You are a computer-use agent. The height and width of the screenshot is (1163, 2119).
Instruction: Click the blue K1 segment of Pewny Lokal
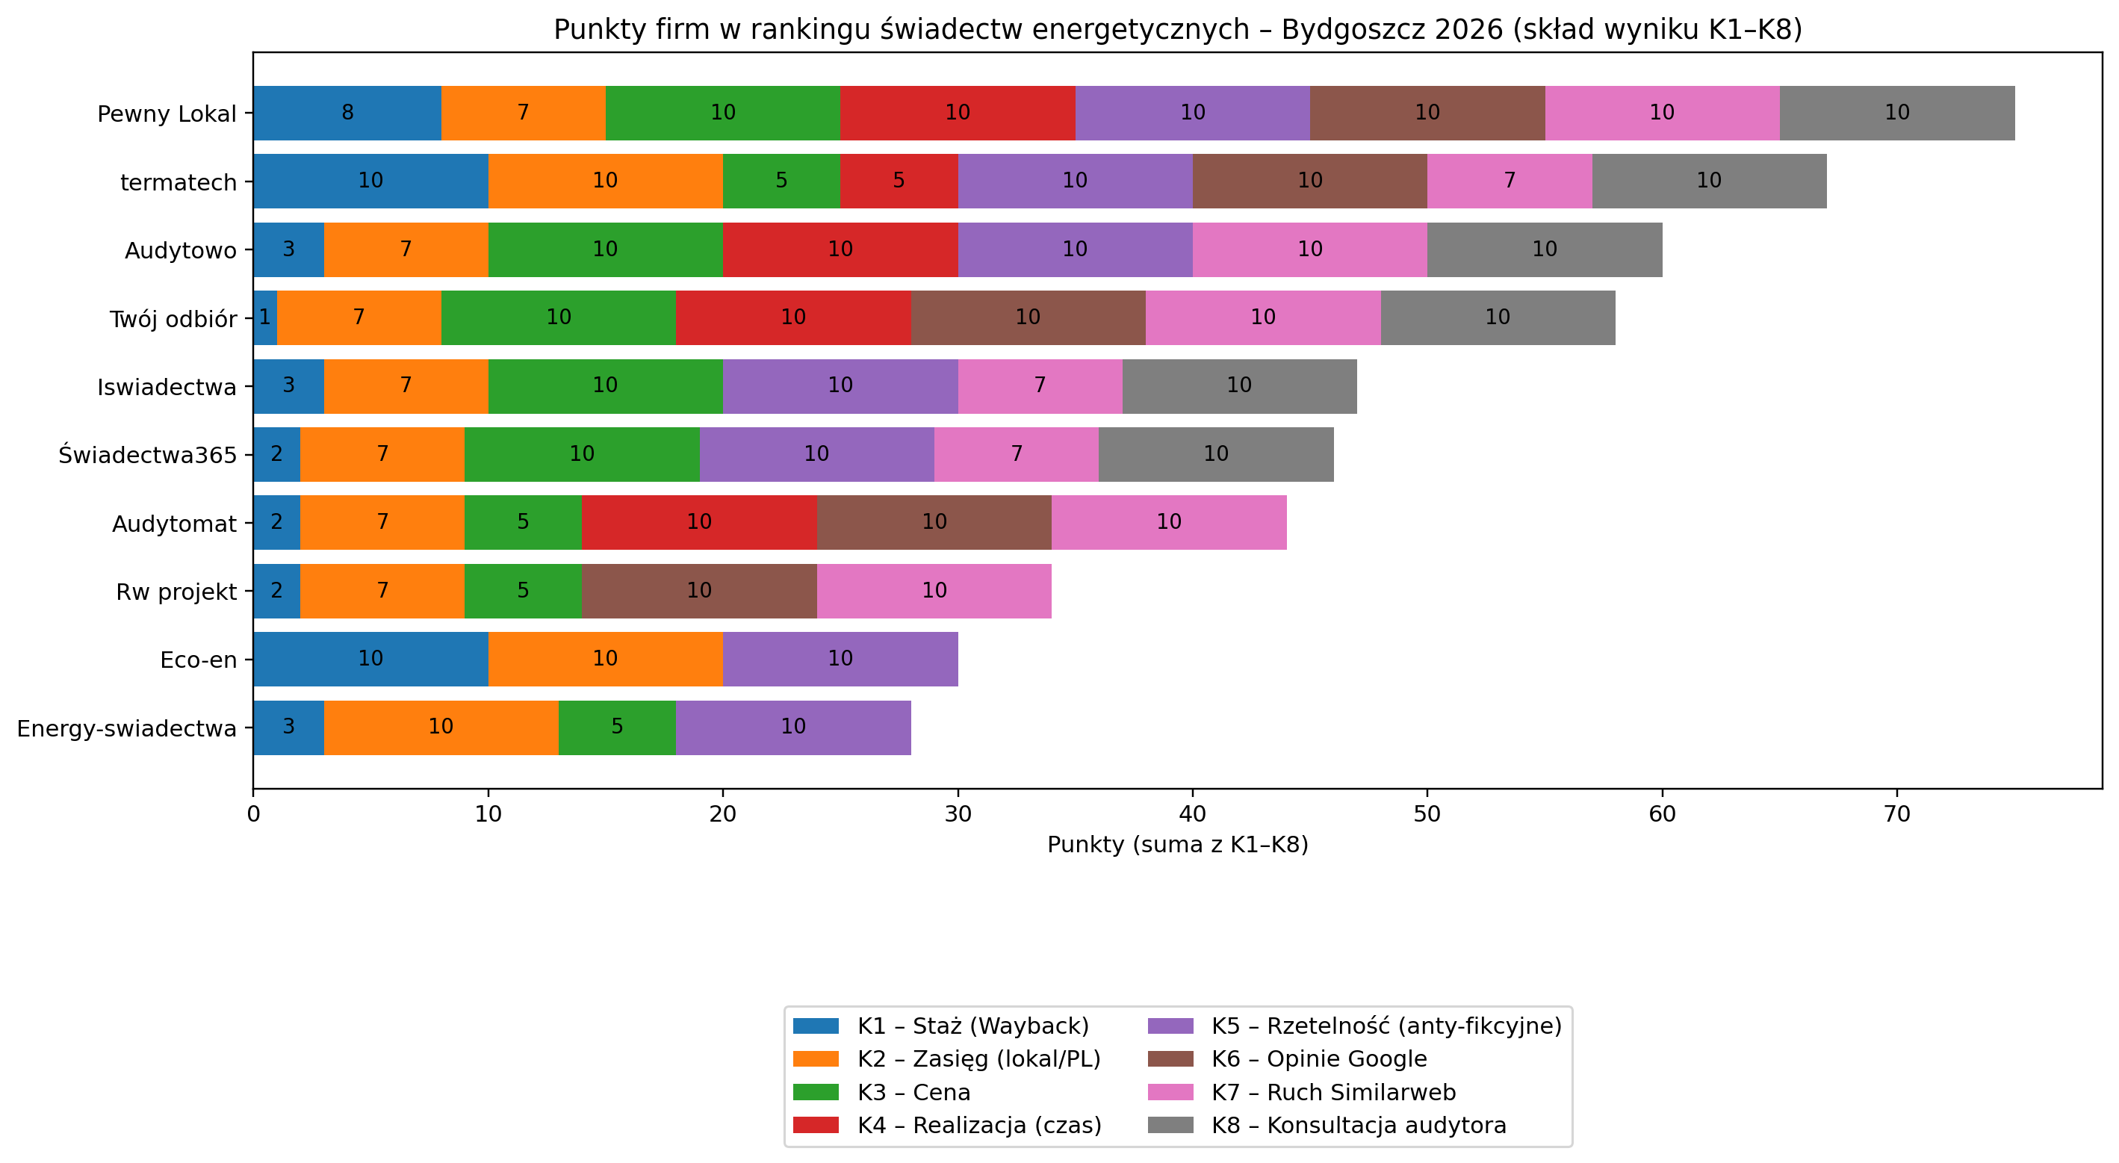tap(347, 113)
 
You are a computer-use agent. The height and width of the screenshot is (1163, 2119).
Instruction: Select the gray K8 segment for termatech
tap(1708, 181)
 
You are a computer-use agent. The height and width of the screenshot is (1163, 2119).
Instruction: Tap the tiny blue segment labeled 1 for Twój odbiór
tap(265, 317)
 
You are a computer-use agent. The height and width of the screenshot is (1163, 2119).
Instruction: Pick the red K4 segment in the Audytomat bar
tap(698, 522)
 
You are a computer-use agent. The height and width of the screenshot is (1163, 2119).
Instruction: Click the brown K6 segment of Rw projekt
tap(698, 591)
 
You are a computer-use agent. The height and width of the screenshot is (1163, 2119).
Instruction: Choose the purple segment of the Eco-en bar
tap(840, 659)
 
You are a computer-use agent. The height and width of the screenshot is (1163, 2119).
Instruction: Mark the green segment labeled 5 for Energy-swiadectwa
tap(616, 727)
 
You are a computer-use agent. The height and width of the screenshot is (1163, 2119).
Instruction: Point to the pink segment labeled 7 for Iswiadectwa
tap(1040, 385)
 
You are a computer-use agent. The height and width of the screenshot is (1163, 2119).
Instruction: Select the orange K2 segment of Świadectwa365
tap(382, 454)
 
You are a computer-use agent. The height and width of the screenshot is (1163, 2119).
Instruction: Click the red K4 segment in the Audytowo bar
tap(840, 249)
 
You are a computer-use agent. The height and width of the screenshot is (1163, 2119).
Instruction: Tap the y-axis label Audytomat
tap(173, 524)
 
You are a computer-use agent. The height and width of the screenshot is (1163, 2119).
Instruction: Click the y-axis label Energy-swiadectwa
tap(127, 729)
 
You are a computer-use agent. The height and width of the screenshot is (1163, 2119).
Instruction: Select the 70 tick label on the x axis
tap(1896, 814)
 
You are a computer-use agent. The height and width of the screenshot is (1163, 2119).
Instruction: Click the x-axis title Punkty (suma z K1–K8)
tap(1177, 845)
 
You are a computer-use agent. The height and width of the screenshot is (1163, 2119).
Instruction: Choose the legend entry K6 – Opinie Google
tap(1318, 1059)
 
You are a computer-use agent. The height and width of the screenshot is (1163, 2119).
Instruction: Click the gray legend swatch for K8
tap(1170, 1125)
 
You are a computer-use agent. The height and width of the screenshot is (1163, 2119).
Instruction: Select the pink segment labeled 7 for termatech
tap(1510, 181)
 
